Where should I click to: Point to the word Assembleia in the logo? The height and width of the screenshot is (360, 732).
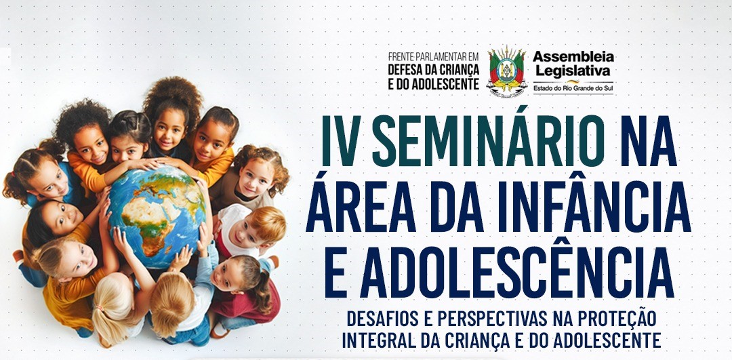pos(573,58)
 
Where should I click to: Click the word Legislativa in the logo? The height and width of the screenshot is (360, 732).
pos(572,71)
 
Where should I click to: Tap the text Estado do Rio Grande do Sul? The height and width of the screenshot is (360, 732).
pos(573,87)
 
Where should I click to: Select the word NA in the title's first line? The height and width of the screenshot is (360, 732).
pos(649,141)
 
